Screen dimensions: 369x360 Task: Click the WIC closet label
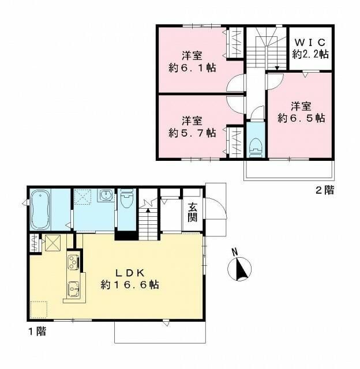310,43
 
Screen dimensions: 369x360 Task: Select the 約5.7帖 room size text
192,133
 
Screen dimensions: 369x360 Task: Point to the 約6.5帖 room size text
301,118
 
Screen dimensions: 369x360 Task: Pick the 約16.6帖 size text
130,285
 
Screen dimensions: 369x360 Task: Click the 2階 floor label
324,190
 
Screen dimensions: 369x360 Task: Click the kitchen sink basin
73,287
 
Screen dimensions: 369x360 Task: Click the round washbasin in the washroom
105,198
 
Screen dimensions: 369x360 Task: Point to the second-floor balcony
288,170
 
